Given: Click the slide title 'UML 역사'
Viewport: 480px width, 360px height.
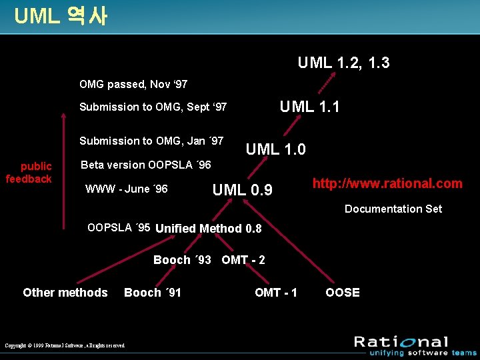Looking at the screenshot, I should coord(60,16).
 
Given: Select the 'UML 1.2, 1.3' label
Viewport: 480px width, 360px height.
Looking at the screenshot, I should coord(343,63).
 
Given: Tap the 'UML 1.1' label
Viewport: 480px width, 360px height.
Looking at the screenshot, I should coord(309,106).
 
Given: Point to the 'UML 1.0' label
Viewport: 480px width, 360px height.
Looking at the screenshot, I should coord(275,149).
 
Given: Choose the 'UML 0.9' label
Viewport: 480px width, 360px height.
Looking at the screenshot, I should coord(242,190).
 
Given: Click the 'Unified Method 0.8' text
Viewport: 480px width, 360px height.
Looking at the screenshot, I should coord(209,229).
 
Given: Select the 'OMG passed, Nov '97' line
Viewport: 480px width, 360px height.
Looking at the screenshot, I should coord(133,85).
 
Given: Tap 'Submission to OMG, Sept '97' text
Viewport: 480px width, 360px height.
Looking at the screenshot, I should coord(153,107).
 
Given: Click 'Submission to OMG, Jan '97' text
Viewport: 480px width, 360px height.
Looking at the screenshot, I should coord(151,141).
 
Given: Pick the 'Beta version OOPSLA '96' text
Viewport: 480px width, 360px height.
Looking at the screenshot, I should coord(146,165).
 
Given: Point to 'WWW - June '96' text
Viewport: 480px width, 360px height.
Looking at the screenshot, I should coord(127,189).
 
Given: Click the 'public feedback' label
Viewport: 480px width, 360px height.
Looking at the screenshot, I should coord(29,173).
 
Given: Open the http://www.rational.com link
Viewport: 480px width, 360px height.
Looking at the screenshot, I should coord(387,183).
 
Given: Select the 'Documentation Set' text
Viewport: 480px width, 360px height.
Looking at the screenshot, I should coord(393,209).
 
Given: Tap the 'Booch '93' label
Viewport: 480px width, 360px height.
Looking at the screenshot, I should coord(182,260).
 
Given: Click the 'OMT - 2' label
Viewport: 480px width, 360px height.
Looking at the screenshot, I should coord(243,260).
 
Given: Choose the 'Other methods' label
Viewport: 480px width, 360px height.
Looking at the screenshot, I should coord(65,293).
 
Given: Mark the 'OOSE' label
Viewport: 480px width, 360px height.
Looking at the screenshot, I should coord(342,293).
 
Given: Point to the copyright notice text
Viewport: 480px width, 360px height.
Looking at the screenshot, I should coord(65,345).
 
